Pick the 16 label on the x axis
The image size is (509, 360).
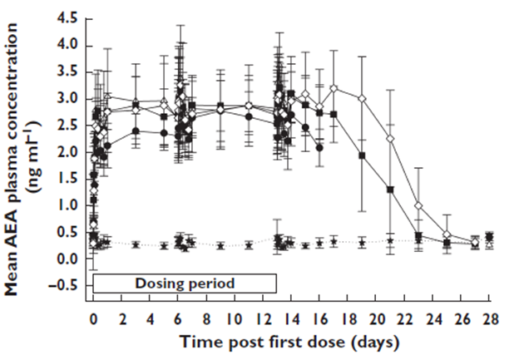[319, 318]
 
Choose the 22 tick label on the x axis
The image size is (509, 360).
[405, 318]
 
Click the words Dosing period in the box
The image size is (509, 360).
[185, 283]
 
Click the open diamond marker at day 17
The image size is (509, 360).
[334, 87]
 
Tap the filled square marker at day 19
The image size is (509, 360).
[362, 155]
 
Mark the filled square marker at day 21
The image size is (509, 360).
[390, 190]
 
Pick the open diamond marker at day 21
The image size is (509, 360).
[390, 138]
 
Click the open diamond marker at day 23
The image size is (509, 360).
[418, 205]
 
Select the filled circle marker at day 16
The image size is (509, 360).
[319, 147]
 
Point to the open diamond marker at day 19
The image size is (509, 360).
[362, 98]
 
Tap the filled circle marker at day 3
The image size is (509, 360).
[135, 131]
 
